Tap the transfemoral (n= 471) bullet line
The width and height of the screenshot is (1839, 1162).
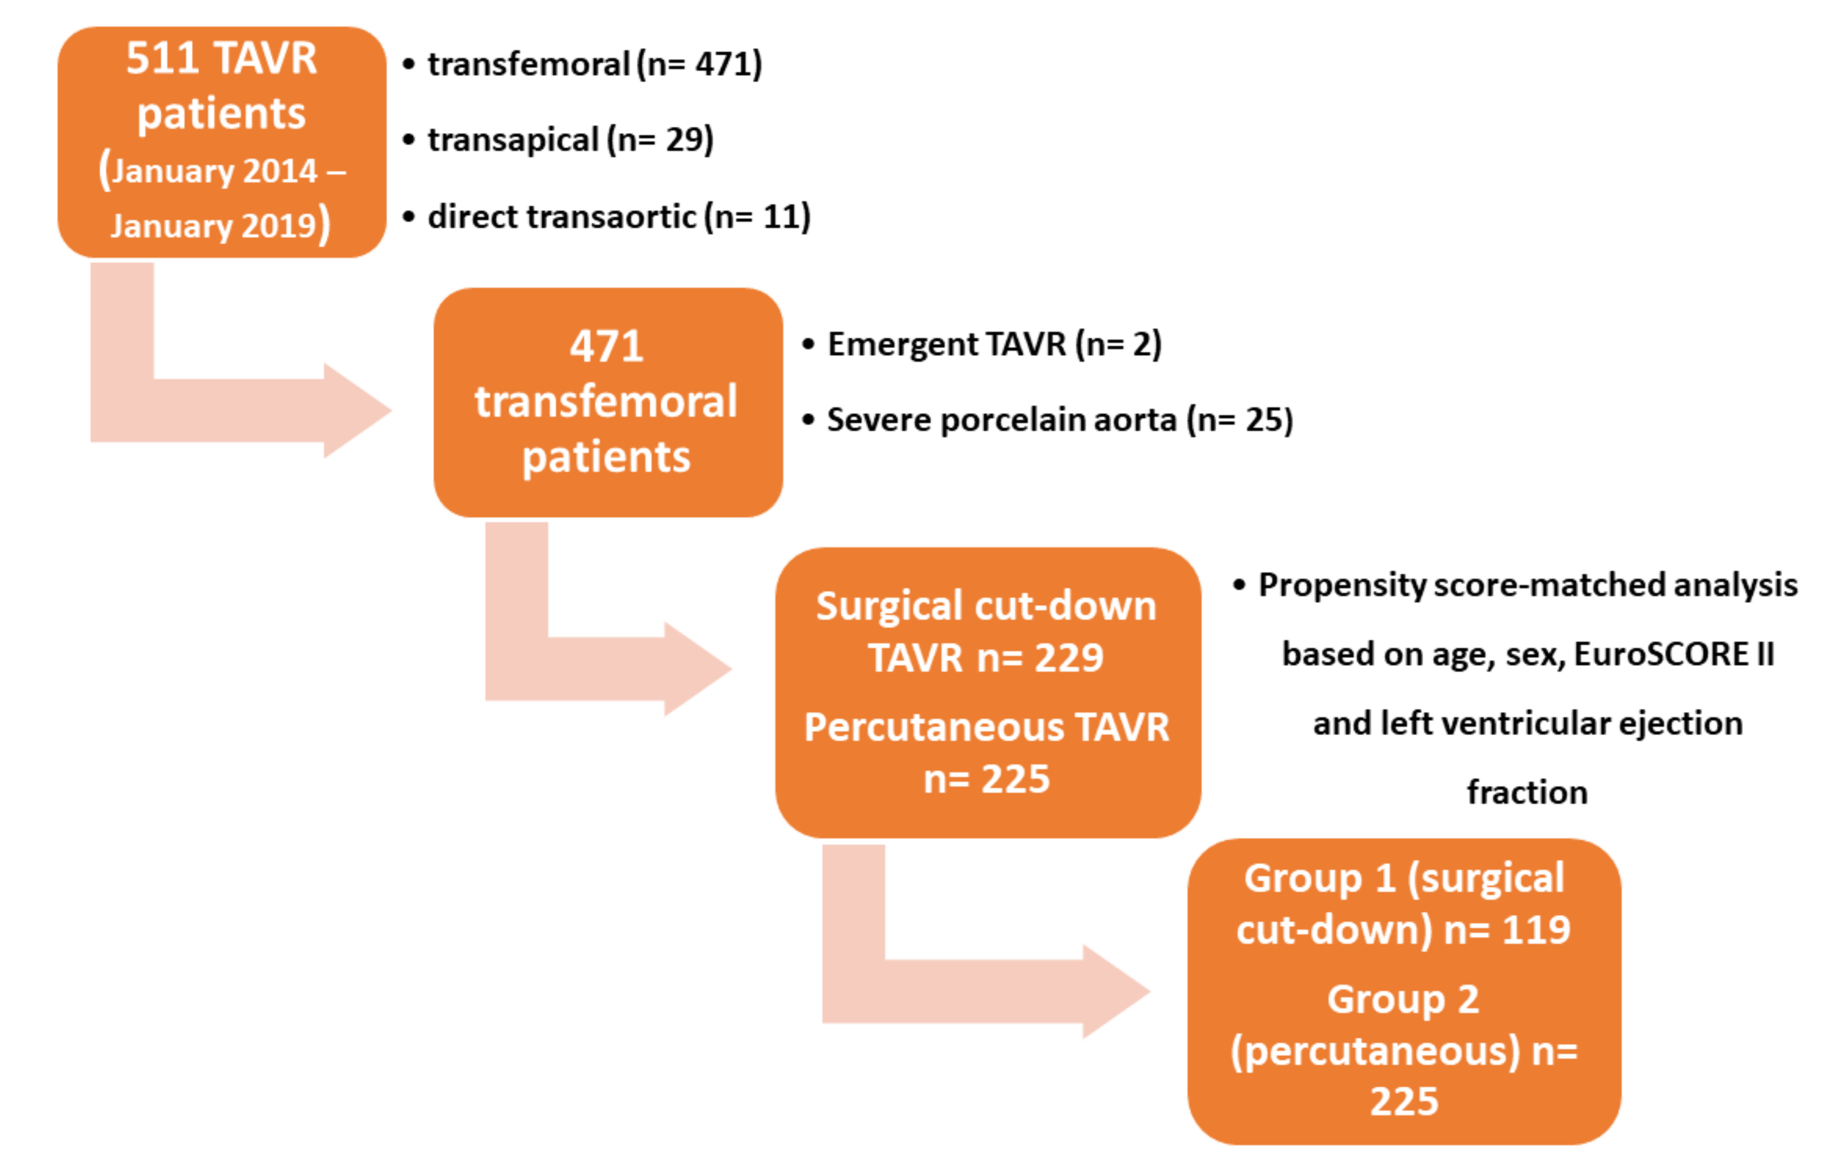(594, 64)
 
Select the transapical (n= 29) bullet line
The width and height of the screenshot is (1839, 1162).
(570, 140)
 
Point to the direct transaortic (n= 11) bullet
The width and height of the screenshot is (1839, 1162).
(618, 217)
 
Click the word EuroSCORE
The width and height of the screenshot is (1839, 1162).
(1664, 654)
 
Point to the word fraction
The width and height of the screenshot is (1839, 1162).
(1527, 792)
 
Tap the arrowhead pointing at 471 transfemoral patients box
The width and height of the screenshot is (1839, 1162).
(356, 410)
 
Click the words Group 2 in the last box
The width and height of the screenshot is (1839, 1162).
(1403, 999)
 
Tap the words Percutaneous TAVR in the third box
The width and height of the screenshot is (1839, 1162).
(987, 727)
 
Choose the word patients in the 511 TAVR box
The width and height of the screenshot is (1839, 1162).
(221, 115)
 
